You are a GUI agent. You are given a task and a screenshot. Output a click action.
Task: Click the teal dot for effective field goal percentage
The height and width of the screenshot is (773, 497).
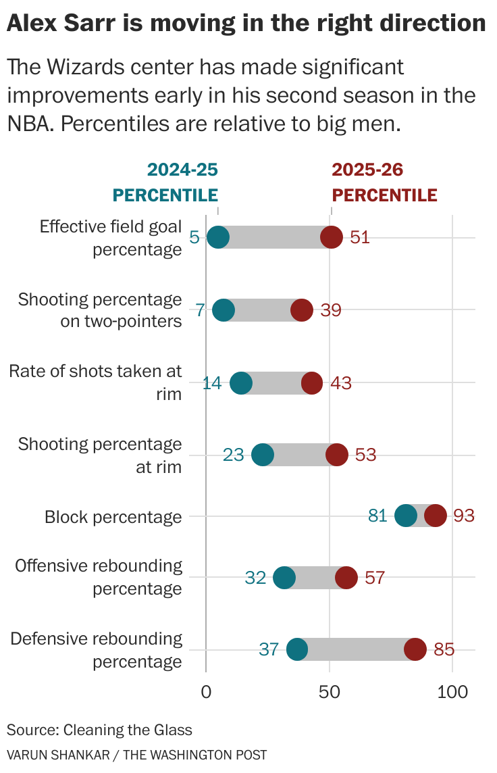point(218,237)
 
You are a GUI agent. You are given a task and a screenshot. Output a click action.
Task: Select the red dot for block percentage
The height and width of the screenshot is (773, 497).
point(436,516)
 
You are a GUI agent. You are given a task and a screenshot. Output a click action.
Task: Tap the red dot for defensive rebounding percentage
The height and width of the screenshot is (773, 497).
point(415,649)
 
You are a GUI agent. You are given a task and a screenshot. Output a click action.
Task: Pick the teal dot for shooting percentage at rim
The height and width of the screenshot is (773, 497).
point(263,455)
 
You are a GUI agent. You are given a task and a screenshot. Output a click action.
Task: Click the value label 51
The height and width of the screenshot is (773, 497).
point(360,238)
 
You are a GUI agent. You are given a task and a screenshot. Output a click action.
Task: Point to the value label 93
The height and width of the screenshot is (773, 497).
point(465,516)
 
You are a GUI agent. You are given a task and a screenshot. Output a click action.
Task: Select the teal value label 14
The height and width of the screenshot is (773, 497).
point(212,383)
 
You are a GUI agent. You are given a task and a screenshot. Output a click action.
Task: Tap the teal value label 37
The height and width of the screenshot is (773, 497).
point(269,649)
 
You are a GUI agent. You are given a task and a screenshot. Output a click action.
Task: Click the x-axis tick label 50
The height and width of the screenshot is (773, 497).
point(330,692)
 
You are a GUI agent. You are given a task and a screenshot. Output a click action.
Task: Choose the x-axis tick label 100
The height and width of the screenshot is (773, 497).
point(452,692)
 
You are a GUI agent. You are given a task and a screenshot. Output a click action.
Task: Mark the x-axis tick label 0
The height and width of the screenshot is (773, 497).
point(206,692)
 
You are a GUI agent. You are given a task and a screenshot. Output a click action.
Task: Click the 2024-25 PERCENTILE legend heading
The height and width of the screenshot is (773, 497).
point(165,182)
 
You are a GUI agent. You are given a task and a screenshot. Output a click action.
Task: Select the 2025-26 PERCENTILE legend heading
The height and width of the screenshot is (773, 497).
point(385,182)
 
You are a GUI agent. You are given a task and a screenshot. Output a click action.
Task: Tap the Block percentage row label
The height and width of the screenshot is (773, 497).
point(113,517)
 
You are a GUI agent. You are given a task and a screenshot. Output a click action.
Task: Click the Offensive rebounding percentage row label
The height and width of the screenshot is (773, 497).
point(99,576)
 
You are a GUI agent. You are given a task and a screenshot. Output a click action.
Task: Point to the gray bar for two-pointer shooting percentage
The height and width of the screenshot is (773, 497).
point(263,310)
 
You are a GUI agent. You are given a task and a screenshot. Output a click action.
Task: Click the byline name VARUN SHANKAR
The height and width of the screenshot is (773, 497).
point(58,755)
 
